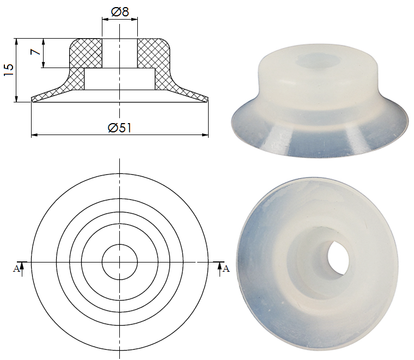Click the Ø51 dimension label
pos(120,127)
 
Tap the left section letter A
pos(16,268)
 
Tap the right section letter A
pos(226,268)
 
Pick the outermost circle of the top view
pos(119,174)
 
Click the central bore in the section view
pos(119,53)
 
